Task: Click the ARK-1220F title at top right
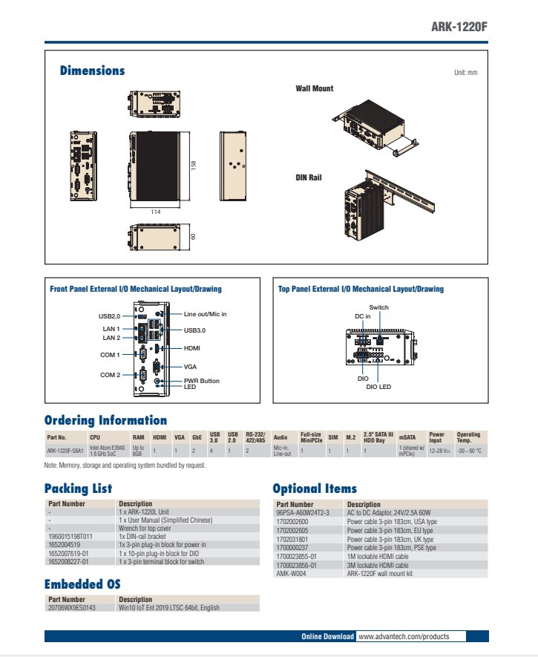459,27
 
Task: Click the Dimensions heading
92,71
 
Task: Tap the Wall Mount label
315,88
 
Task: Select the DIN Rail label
309,178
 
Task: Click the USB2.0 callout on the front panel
109,316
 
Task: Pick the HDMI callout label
192,347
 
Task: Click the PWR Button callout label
202,381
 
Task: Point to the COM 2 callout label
110,375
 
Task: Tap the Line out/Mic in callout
205,314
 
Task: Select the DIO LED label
379,387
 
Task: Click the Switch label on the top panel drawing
378,307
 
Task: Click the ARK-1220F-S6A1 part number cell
65,450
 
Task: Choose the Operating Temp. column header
468,437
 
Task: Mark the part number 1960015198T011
70,535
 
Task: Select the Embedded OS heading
82,584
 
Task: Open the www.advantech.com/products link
404,636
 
